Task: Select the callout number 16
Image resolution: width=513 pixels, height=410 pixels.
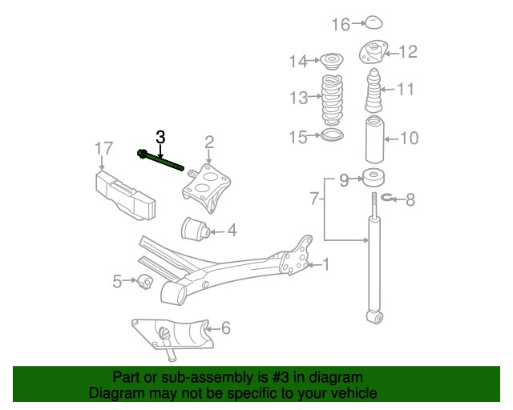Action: click(341, 25)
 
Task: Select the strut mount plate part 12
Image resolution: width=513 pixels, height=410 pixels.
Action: click(372, 52)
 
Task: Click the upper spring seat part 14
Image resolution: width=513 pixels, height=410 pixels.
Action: click(329, 59)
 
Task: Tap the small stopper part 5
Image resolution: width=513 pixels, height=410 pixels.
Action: click(143, 281)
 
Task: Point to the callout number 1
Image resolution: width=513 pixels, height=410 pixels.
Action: click(325, 263)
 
